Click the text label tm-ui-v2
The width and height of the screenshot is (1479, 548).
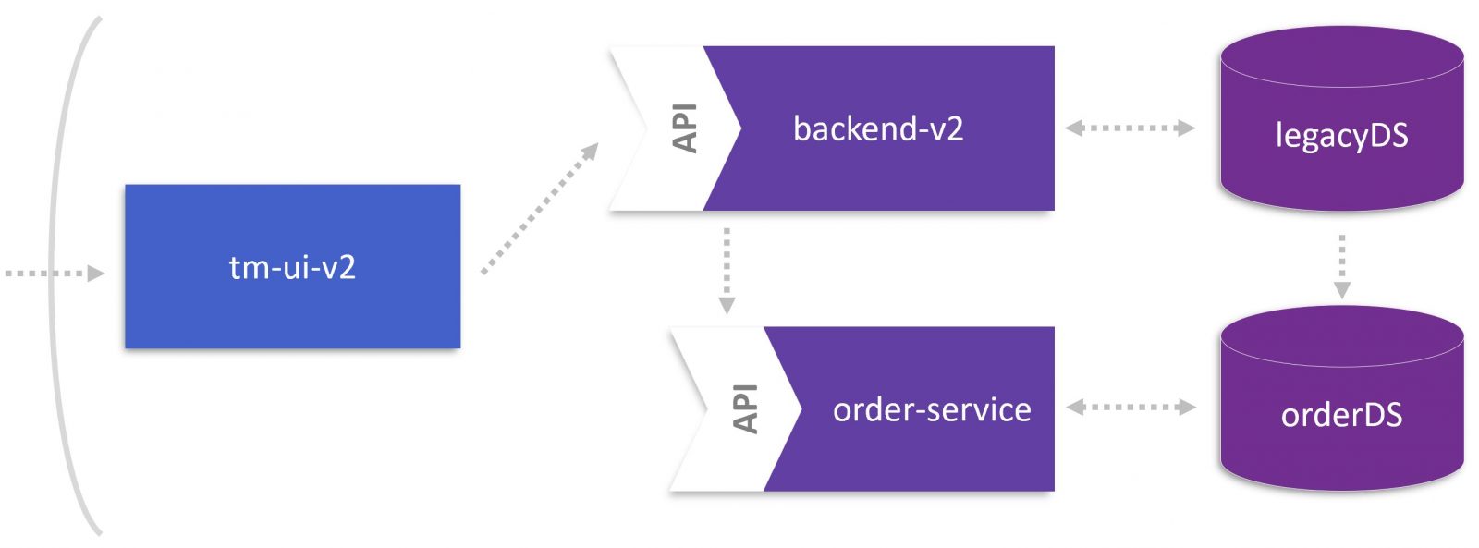pyautogui.click(x=292, y=267)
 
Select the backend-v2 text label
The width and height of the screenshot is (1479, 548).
pyautogui.click(x=878, y=128)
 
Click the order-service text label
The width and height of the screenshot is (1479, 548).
pyautogui.click(x=932, y=409)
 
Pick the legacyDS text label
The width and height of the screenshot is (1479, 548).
pyautogui.click(x=1341, y=136)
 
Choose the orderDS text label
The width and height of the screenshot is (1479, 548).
pyautogui.click(x=1341, y=415)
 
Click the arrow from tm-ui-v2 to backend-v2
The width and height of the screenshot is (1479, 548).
pyautogui.click(x=539, y=209)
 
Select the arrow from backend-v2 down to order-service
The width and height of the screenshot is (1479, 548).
pyautogui.click(x=727, y=269)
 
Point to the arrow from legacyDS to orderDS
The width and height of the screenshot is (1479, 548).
pyautogui.click(x=1342, y=265)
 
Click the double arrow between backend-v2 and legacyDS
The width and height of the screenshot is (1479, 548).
pyautogui.click(x=1130, y=128)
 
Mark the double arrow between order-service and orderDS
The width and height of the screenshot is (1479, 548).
pyautogui.click(x=1130, y=407)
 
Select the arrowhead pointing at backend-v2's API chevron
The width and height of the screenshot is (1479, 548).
pyautogui.click(x=588, y=152)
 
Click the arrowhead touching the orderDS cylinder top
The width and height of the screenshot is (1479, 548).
pyautogui.click(x=1342, y=290)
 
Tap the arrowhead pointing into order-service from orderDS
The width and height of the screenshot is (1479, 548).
pyautogui.click(x=1075, y=407)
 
